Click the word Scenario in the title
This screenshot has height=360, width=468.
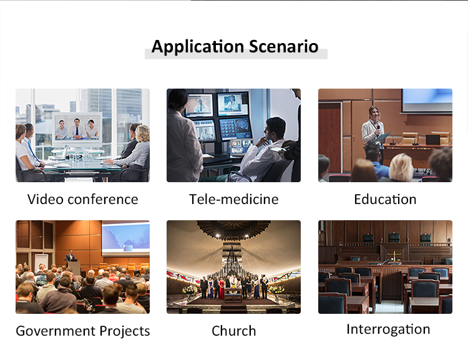pyautogui.click(x=283, y=47)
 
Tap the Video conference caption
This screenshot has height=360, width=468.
pyautogui.click(x=82, y=199)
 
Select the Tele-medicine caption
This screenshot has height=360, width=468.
pyautogui.click(x=234, y=199)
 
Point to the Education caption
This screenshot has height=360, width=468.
pyautogui.click(x=385, y=199)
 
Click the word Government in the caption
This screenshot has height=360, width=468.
pyautogui.click(x=56, y=331)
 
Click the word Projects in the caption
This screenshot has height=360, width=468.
pyautogui.click(x=124, y=331)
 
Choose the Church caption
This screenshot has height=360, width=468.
pyautogui.click(x=234, y=331)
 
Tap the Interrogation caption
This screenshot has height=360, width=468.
pyautogui.click(x=388, y=329)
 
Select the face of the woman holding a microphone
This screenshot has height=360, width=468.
pyautogui.click(x=374, y=113)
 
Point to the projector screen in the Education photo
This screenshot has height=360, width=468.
pyautogui.click(x=427, y=100)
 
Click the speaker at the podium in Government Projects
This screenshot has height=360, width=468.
pyautogui.click(x=71, y=256)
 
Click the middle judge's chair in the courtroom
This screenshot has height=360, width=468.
pyautogui.click(x=394, y=237)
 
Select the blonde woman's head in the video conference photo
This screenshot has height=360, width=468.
pyautogui.click(x=142, y=133)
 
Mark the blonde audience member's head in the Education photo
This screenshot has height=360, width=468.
pyautogui.click(x=401, y=167)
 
